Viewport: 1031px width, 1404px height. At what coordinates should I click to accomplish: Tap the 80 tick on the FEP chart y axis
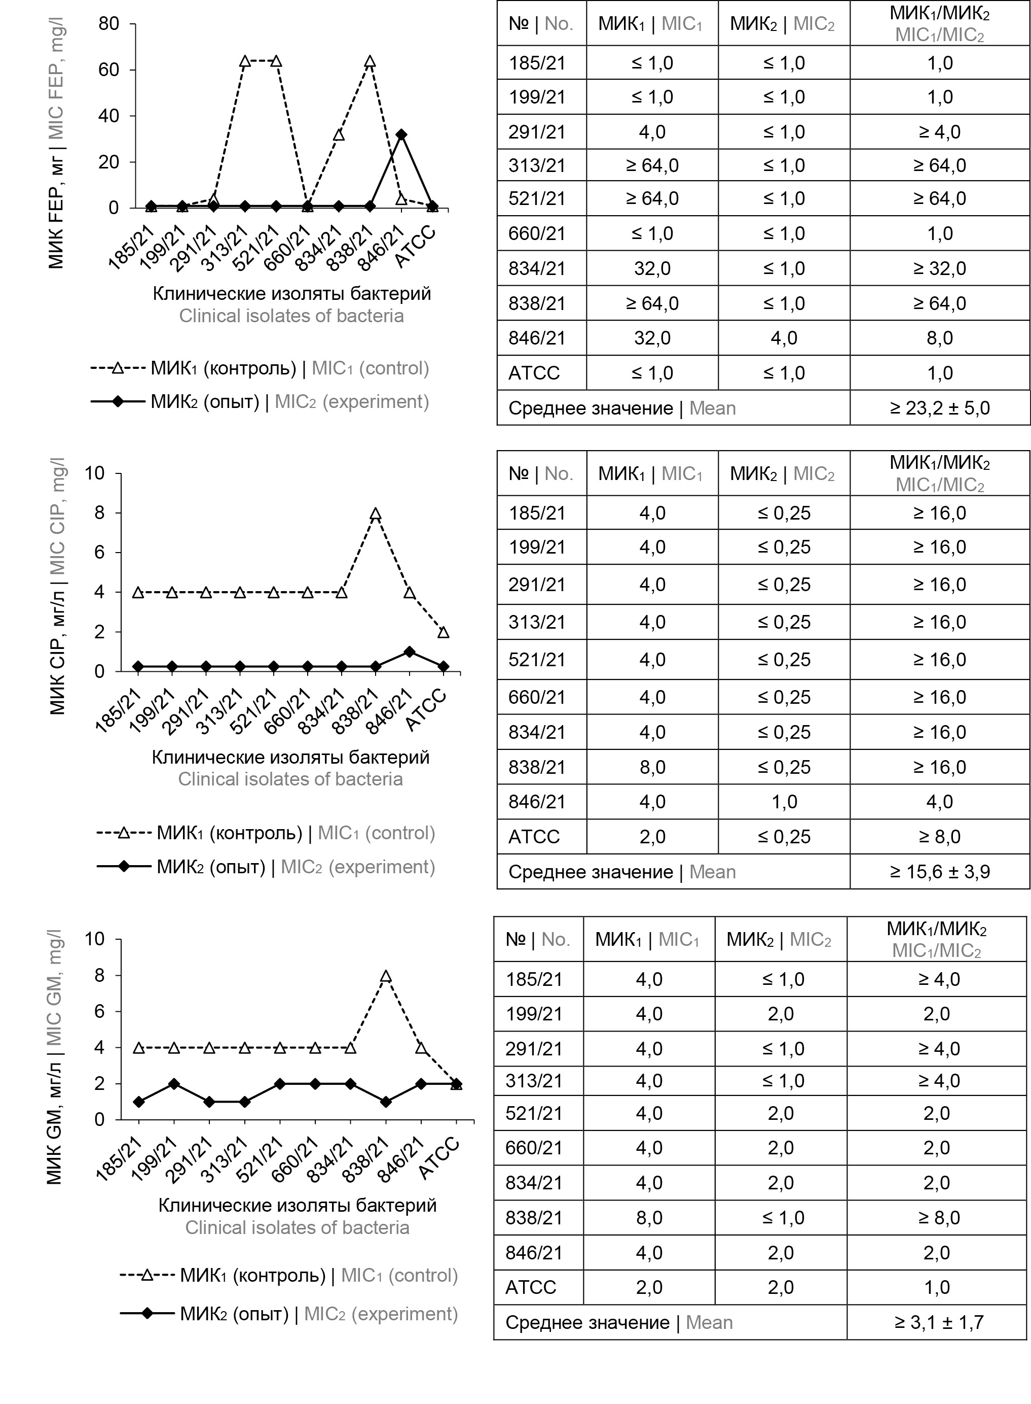click(108, 24)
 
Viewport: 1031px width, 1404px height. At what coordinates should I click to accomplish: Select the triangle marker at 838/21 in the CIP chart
click(375, 514)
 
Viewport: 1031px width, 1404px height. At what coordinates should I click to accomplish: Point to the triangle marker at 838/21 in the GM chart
click(386, 976)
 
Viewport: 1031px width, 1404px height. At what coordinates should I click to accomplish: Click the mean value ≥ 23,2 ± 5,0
click(939, 408)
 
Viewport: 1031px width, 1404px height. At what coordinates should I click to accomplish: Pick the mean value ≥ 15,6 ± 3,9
click(939, 872)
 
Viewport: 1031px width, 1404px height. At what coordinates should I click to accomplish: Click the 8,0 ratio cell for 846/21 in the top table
click(939, 338)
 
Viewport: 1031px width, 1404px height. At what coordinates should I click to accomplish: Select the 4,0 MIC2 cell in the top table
click(784, 338)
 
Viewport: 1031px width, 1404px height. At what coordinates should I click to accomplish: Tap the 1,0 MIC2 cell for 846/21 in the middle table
click(784, 802)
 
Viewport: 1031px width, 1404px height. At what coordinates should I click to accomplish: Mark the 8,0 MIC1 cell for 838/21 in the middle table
click(652, 767)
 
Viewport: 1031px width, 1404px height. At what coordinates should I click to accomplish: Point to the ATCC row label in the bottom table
click(531, 1287)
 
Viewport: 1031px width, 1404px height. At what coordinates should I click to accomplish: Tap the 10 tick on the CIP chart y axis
click(95, 473)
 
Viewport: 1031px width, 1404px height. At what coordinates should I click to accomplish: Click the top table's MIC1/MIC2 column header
click(939, 24)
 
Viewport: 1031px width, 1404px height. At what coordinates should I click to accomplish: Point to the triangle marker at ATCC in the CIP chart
click(443, 632)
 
